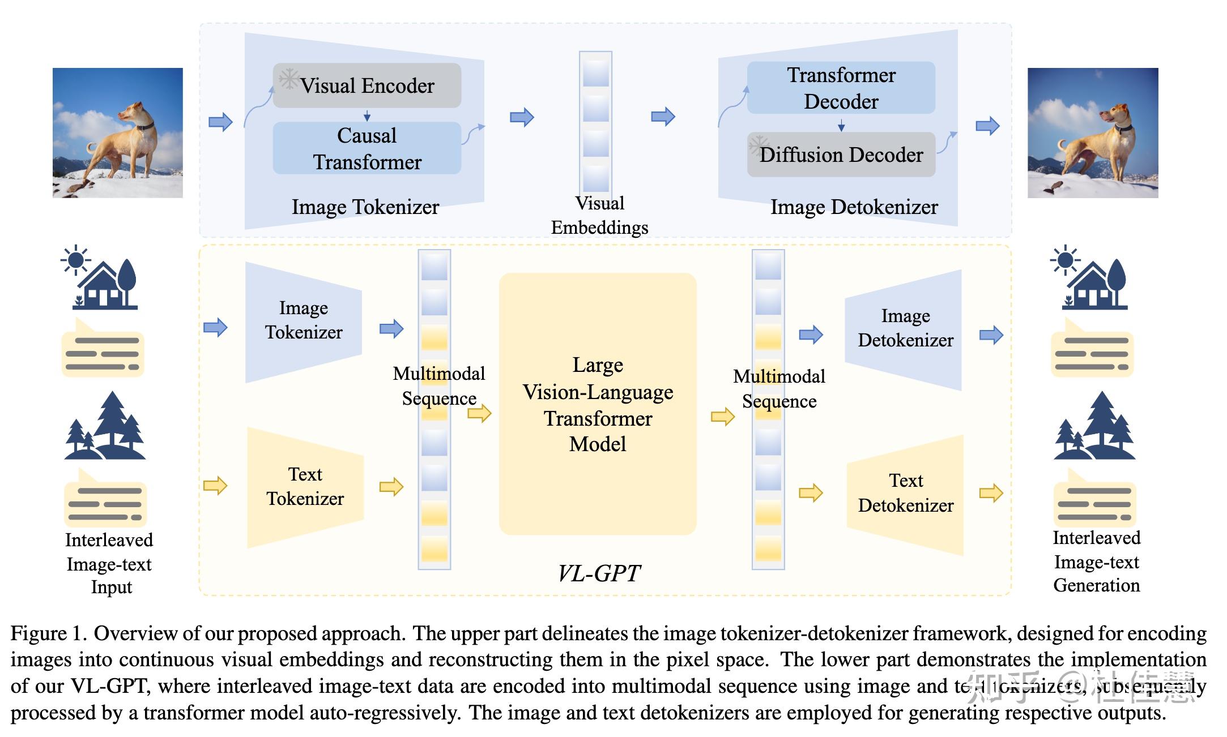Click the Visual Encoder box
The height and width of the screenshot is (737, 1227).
(367, 86)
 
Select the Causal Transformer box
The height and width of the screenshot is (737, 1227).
(367, 148)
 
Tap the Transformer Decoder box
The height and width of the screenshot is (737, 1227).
(841, 88)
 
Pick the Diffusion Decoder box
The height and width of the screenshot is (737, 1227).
(841, 155)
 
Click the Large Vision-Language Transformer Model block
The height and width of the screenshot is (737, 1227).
(598, 404)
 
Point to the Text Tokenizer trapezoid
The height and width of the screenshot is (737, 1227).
(305, 486)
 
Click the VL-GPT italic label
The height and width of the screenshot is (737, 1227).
(599, 573)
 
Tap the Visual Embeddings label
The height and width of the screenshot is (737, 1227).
(599, 216)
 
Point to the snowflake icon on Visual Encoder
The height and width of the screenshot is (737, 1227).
(289, 79)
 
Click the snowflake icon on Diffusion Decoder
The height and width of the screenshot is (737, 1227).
(758, 145)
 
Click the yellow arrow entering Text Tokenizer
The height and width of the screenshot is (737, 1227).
(215, 486)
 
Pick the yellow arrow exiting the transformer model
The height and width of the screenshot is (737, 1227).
(723, 417)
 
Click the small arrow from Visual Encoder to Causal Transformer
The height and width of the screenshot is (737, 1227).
(367, 115)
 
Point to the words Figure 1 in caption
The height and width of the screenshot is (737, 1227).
(48, 633)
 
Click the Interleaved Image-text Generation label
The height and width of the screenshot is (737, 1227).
(1096, 562)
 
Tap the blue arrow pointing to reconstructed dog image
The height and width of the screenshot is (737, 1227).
(987, 126)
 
